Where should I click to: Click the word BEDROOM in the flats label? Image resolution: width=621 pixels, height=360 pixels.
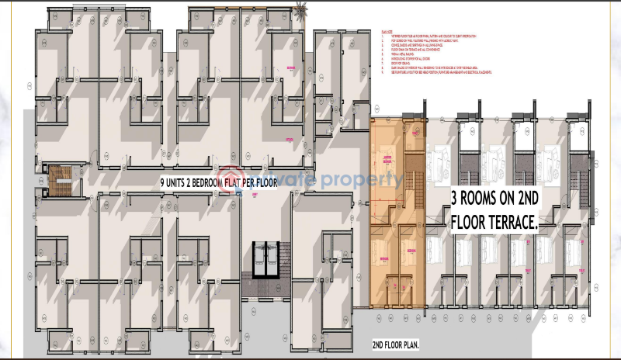(215, 184)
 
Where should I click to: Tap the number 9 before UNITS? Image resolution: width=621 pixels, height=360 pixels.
(162, 184)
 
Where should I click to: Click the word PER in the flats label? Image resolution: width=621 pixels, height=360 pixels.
(265, 184)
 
